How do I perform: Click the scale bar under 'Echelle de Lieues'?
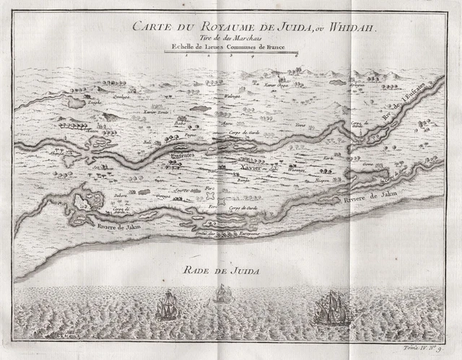click(x=230, y=52)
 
